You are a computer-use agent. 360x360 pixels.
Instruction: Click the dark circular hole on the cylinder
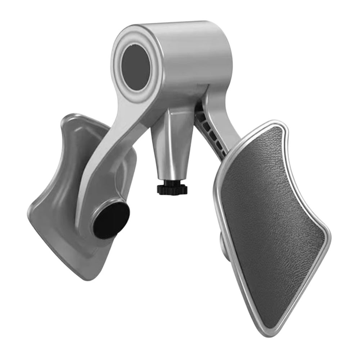(135, 67)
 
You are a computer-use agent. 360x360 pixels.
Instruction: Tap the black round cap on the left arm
(111, 220)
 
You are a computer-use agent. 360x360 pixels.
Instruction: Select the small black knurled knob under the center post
(172, 188)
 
